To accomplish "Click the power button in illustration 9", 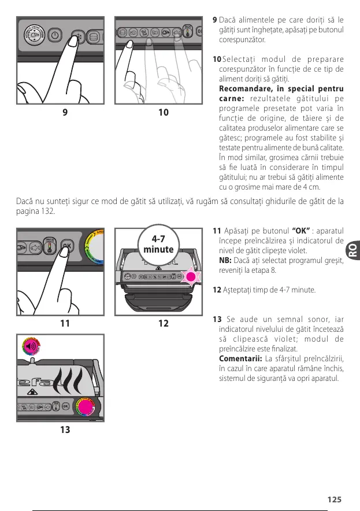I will pyautogui.click(x=54, y=34).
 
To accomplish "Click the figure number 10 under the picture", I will pyautogui.click(x=164, y=112).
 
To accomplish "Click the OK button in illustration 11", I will pyautogui.click(x=68, y=245).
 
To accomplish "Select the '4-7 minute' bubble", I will pyautogui.click(x=158, y=244).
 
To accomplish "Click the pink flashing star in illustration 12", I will pyautogui.click(x=191, y=277).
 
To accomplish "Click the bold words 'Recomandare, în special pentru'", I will pyautogui.click(x=281, y=89).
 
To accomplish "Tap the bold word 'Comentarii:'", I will pyautogui.click(x=237, y=358).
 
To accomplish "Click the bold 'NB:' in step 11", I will pyautogui.click(x=225, y=261).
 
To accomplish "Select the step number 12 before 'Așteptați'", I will pyautogui.click(x=217, y=289).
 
